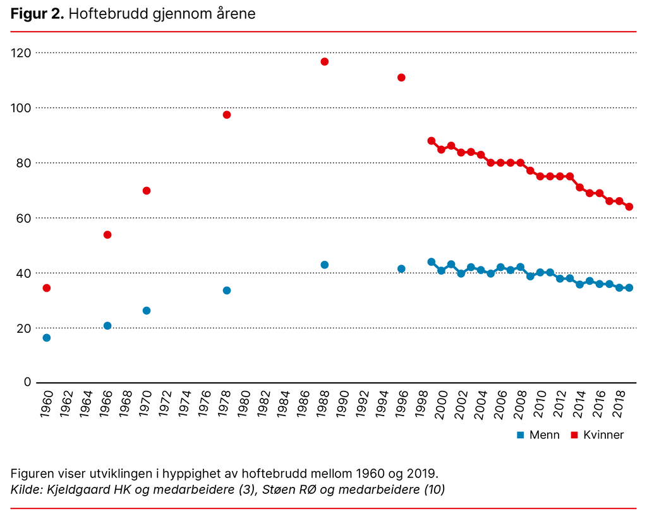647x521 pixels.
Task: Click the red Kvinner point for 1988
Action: pyautogui.click(x=325, y=62)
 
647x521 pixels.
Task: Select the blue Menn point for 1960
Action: pyautogui.click(x=47, y=338)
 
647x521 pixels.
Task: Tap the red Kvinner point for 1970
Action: pyautogui.click(x=147, y=191)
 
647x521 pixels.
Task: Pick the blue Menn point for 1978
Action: pyautogui.click(x=227, y=290)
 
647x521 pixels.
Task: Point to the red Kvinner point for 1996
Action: pyautogui.click(x=401, y=78)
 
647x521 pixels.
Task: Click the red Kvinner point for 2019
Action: pyautogui.click(x=629, y=207)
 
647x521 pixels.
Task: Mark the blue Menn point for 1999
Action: pyautogui.click(x=432, y=262)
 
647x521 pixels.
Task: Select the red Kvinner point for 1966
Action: pyautogui.click(x=107, y=235)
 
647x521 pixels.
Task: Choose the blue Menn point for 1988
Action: pyautogui.click(x=325, y=265)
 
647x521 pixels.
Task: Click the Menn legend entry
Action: pyautogui.click(x=538, y=435)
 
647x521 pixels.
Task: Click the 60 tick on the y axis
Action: pyautogui.click(x=24, y=218)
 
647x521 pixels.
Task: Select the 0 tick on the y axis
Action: pyautogui.click(x=27, y=382)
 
